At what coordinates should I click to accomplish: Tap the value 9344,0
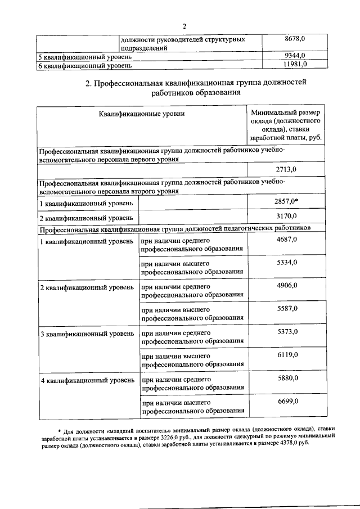(x=295, y=56)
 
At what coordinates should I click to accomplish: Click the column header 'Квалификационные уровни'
(x=142, y=114)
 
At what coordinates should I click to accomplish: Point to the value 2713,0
(x=287, y=169)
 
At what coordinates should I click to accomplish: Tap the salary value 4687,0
(x=287, y=240)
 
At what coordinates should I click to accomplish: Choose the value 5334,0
(x=287, y=263)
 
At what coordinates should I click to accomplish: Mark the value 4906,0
(x=287, y=286)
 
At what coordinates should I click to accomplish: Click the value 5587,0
(x=287, y=309)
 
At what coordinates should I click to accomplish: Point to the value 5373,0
(x=287, y=332)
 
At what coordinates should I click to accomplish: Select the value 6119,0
(x=287, y=355)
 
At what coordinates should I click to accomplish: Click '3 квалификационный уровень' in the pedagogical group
(x=87, y=334)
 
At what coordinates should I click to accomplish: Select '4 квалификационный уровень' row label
(x=87, y=381)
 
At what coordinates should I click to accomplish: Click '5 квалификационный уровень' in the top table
(x=85, y=57)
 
